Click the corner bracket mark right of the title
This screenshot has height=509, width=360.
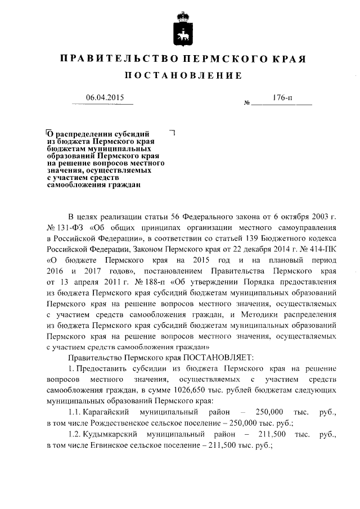[x=173, y=133]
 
